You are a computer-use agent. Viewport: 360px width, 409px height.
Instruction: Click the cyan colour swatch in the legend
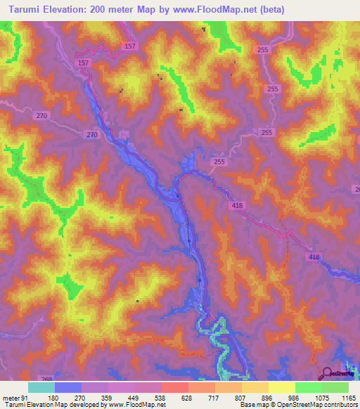point(41,387)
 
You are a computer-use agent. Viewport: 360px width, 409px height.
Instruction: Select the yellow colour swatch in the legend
point(281,387)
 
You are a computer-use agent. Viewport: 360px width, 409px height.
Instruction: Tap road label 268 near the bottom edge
point(46,379)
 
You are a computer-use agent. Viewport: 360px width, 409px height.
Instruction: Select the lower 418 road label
point(313,257)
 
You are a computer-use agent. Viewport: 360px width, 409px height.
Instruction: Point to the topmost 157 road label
point(129,46)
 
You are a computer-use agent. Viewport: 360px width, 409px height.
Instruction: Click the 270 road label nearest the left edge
point(41,115)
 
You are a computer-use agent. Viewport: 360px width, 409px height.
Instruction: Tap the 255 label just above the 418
point(219,162)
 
